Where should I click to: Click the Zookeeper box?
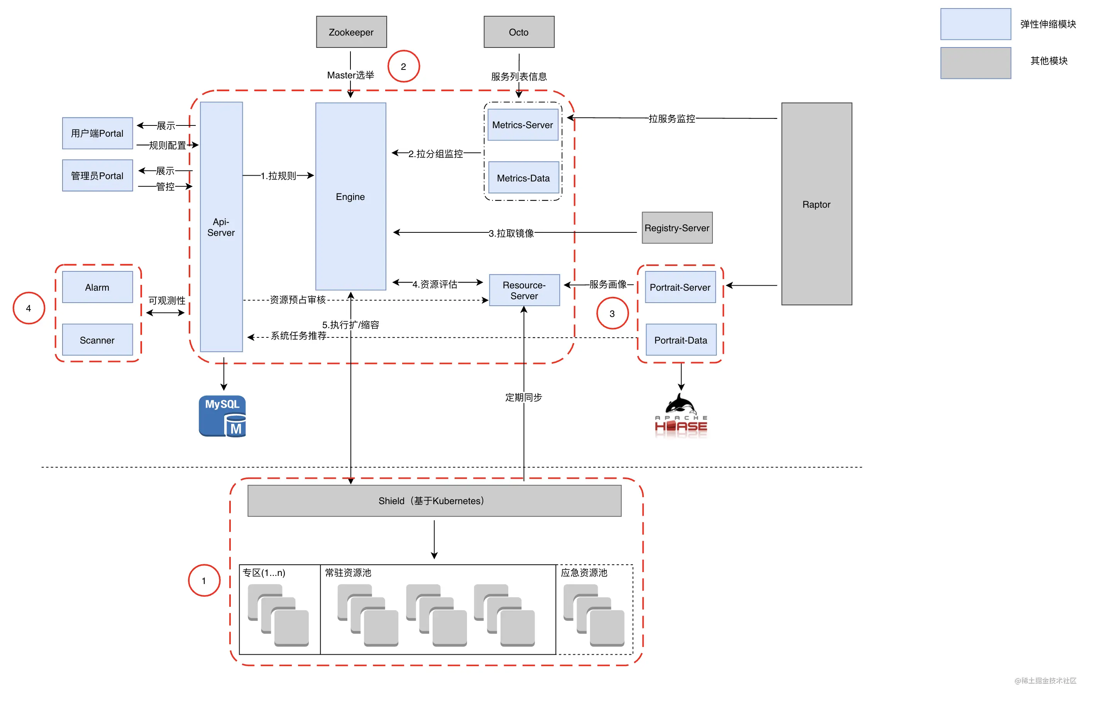(351, 32)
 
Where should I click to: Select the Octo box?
(519, 32)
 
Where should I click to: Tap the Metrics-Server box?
(523, 125)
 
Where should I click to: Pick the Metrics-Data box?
(523, 178)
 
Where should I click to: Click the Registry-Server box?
(677, 228)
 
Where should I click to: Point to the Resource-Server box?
(524, 290)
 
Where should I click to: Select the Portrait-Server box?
(680, 287)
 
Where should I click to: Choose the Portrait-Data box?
(681, 340)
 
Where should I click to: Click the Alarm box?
(97, 287)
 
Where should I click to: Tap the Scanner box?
(97, 340)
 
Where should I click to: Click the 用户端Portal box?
(97, 133)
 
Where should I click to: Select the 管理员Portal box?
(97, 175)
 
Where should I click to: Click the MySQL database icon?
(223, 416)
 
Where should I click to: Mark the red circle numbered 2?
(404, 66)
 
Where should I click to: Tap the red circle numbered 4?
(29, 308)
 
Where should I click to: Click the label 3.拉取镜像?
(511, 233)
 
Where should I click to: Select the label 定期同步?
(524, 397)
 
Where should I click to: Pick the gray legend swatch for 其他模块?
(976, 63)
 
